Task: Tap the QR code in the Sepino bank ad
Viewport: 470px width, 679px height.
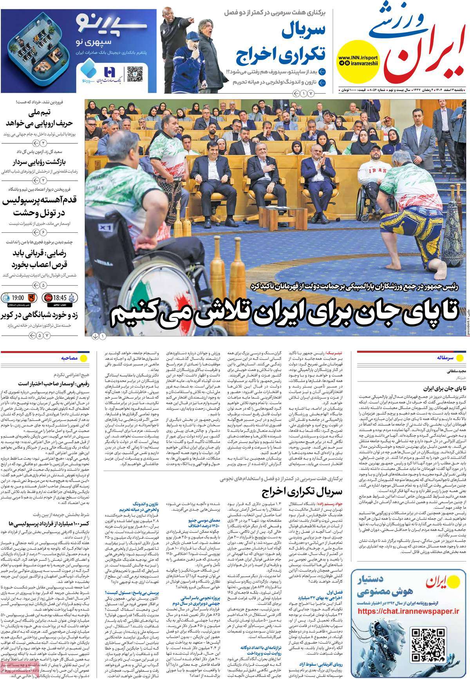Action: (x=134, y=73)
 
